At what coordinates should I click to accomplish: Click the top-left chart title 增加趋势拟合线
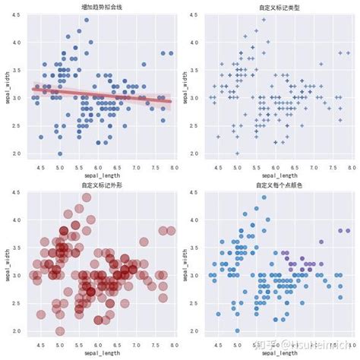point(101,7)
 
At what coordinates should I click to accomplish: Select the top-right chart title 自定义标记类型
point(279,7)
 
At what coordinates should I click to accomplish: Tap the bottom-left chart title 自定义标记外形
point(101,185)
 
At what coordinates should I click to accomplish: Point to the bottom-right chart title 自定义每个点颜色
point(279,185)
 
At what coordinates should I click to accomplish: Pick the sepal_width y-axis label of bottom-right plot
point(186,264)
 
